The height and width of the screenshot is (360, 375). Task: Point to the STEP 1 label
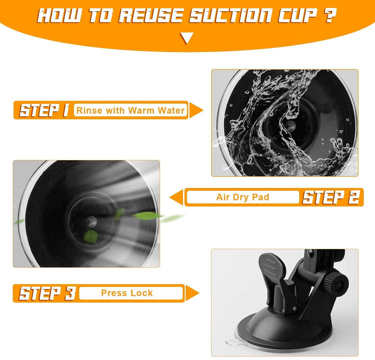tap(44, 110)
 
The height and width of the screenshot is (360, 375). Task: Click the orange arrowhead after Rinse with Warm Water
tap(196, 110)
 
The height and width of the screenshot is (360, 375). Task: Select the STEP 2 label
tap(331, 197)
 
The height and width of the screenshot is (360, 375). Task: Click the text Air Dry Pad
tap(242, 197)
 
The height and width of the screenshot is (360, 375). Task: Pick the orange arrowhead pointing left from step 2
tap(177, 197)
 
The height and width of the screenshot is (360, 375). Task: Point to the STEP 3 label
tap(47, 293)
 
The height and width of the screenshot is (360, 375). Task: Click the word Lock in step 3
tap(141, 293)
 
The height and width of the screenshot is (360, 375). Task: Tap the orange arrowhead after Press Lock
tap(192, 293)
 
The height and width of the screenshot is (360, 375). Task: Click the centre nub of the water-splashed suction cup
tap(291, 126)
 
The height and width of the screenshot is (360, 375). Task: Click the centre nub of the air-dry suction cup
tap(91, 222)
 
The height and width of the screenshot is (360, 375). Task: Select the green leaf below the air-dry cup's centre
tap(91, 236)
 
